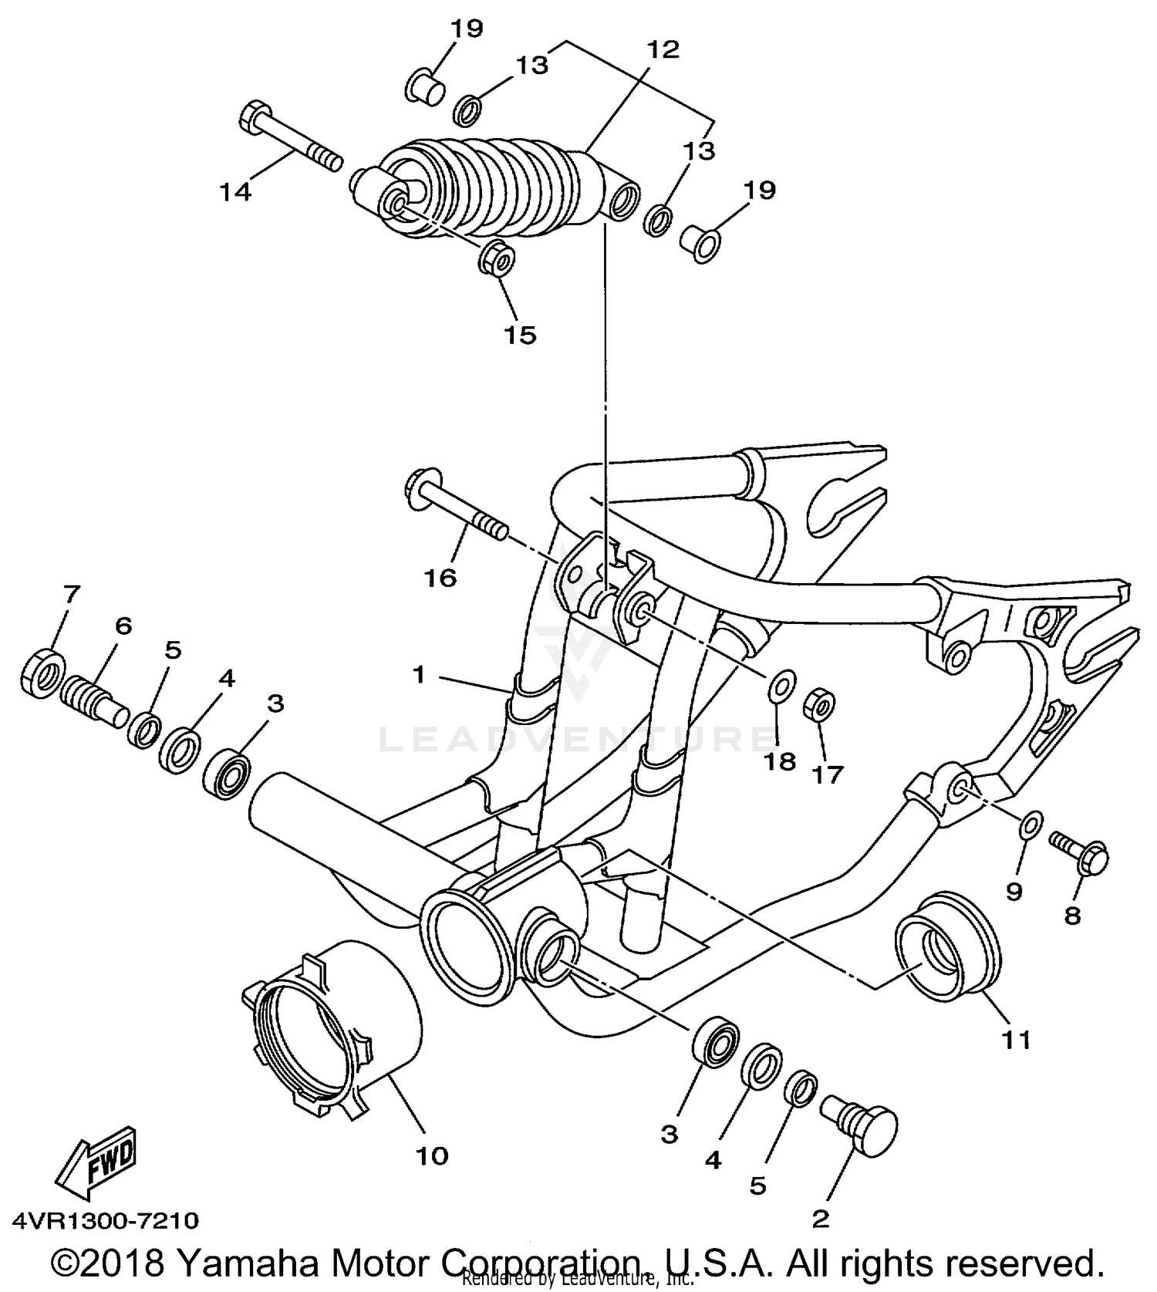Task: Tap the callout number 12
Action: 663,50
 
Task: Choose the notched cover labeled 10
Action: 332,1026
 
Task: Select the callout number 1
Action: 419,675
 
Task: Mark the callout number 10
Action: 432,1155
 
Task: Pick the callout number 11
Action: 1015,1041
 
